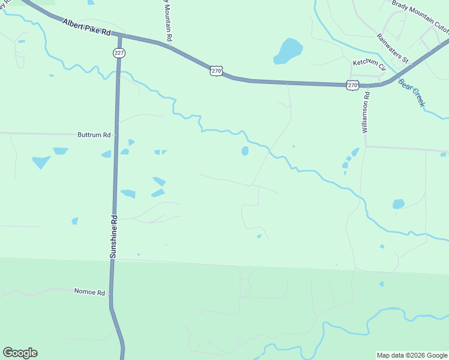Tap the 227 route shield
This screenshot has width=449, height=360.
[119, 53]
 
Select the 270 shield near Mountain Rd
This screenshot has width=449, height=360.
[217, 71]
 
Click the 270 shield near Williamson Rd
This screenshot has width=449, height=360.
[352, 85]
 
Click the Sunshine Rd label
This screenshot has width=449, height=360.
[113, 237]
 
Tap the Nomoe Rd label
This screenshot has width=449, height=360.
[89, 292]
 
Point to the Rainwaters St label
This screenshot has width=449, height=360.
[393, 48]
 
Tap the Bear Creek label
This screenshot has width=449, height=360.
[412, 93]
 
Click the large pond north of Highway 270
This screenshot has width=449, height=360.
[288, 51]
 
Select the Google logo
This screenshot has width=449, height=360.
[20, 353]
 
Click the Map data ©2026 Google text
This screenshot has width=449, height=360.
[411, 355]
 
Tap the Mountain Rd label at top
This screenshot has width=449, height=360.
[169, 21]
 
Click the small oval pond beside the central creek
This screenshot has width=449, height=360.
[245, 151]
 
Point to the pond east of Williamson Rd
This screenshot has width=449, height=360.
[398, 204]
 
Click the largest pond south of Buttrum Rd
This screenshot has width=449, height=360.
[41, 162]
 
